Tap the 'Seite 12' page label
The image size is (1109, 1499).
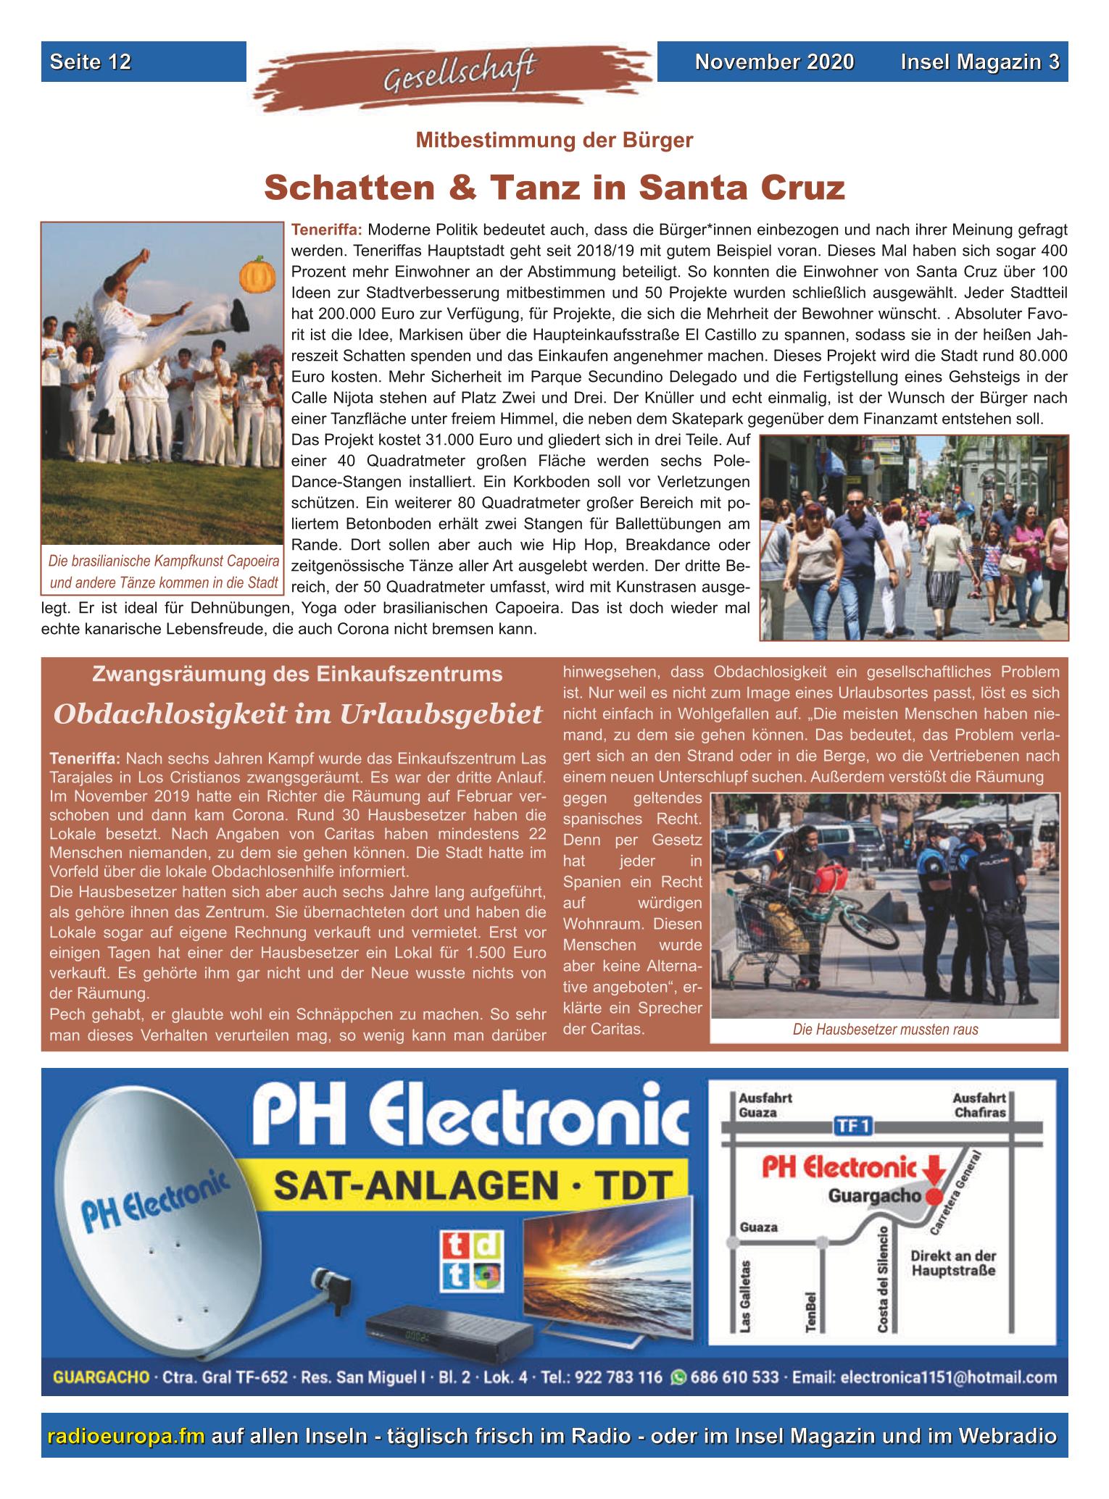coord(91,62)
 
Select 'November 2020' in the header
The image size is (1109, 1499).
coord(774,62)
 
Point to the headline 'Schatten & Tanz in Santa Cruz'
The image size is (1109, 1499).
coord(554,188)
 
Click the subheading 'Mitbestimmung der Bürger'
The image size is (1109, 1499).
coord(554,140)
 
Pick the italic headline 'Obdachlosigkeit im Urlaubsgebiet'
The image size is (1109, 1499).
coord(298,714)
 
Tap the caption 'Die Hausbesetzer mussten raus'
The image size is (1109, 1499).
coord(885,1030)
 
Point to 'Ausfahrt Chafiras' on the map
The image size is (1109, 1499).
coord(980,1105)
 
